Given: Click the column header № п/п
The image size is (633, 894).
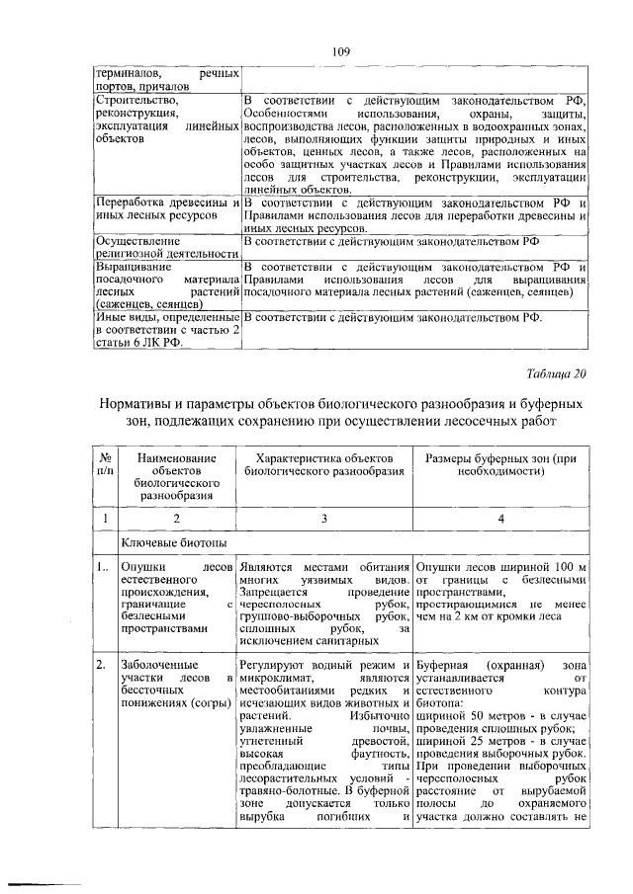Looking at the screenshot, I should [x=104, y=465].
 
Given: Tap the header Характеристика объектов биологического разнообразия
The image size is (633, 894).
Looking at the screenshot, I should [x=323, y=465].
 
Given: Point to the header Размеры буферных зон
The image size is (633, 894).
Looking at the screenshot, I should [x=499, y=465].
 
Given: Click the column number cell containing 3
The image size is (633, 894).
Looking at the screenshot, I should [x=323, y=517].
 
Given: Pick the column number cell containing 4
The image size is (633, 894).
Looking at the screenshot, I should [x=499, y=517].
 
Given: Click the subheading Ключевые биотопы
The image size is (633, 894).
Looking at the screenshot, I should [x=166, y=542].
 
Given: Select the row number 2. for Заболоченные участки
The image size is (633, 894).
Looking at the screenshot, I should [x=102, y=666].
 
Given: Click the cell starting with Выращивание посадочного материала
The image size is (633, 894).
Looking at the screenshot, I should [x=166, y=286].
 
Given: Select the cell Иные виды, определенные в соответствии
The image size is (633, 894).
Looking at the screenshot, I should [x=166, y=330].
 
